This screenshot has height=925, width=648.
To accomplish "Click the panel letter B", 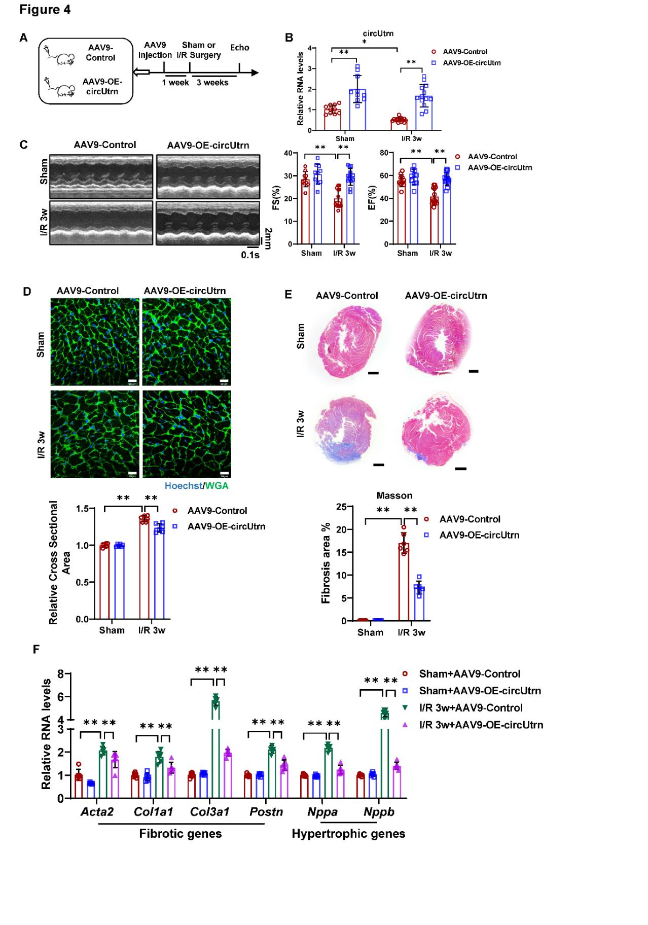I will pos(289,38).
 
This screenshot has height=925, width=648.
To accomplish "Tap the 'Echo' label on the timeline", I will pos(239,48).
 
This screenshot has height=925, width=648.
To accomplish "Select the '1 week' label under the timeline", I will pos(175,83).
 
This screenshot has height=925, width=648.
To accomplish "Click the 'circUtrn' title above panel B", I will pos(378,34).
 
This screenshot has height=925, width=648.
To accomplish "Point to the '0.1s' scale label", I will pos(250,255).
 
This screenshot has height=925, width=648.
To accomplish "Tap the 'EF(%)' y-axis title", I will pos(371,198).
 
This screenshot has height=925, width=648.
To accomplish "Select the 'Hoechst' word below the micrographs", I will pos(183,486).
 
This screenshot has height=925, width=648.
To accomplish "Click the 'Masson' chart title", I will pos(394,495).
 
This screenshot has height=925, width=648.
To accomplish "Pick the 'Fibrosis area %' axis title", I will pos(326,563).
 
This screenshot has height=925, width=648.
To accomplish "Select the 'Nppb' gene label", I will pos(379,812).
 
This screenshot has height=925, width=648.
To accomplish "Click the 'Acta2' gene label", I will pos(97,812).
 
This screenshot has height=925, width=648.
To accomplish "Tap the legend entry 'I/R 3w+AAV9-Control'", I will pos(471,707).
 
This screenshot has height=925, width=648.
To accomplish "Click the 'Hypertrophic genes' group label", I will pos(348,834).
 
